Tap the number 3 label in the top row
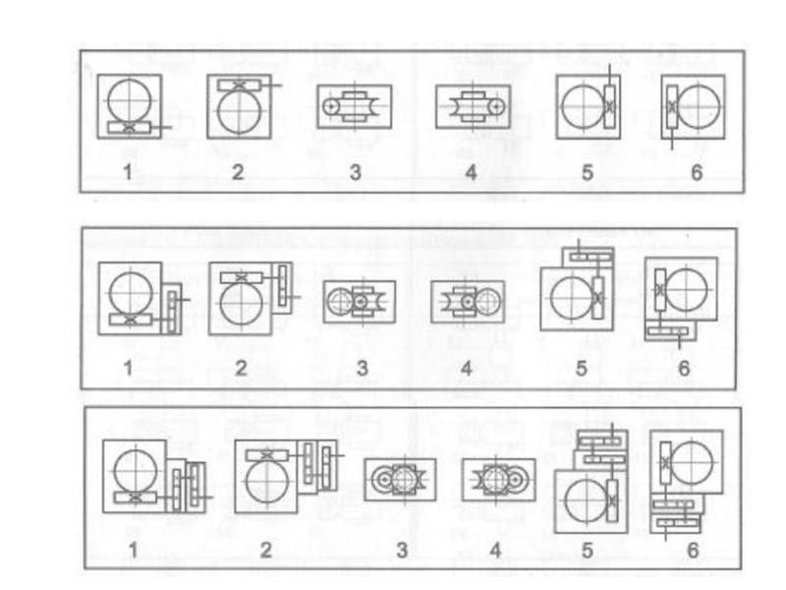(x=355, y=172)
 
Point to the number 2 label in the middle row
(x=238, y=369)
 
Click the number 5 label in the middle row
(x=581, y=369)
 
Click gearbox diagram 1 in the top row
(x=131, y=106)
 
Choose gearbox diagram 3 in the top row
(x=355, y=105)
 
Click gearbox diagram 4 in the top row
(x=473, y=105)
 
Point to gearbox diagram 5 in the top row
(x=587, y=105)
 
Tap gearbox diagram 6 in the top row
(x=694, y=106)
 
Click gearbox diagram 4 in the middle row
(x=468, y=301)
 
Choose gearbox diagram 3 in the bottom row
(x=398, y=481)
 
